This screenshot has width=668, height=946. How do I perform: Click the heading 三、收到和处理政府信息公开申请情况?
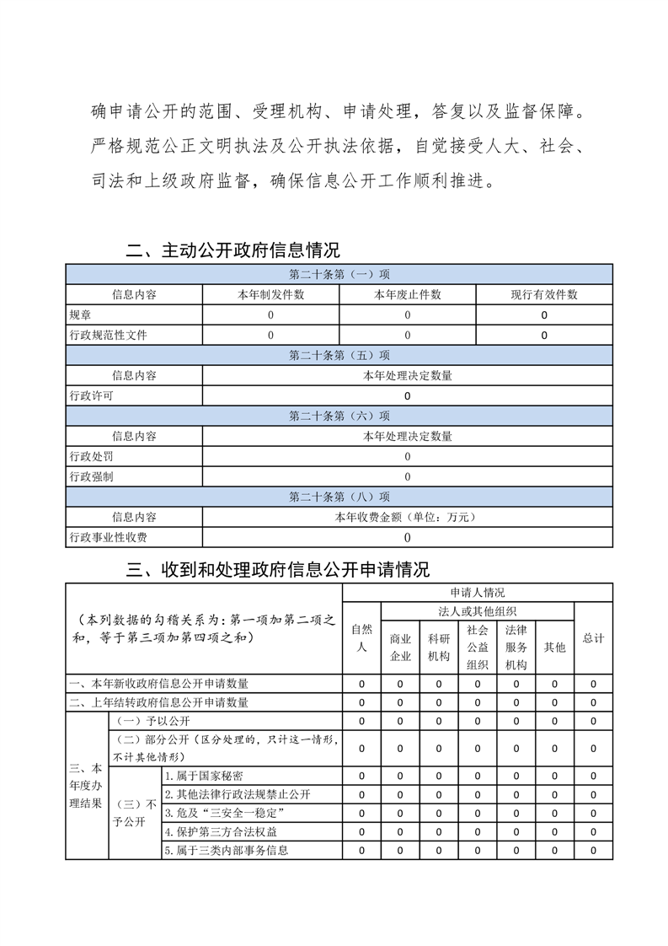pyautogui.click(x=277, y=570)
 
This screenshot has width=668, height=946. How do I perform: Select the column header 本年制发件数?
pyautogui.click(x=270, y=294)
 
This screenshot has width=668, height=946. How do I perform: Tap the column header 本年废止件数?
pyautogui.click(x=407, y=294)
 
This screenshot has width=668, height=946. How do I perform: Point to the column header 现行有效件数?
pyautogui.click(x=543, y=294)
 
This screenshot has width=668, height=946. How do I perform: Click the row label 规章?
pyautogui.click(x=80, y=314)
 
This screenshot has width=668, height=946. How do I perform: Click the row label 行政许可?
pyautogui.click(x=91, y=395)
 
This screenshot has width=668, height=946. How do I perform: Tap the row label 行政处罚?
pyautogui.click(x=91, y=456)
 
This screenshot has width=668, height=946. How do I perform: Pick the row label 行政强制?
pyautogui.click(x=91, y=476)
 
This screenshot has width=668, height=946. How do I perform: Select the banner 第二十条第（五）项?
pyautogui.click(x=339, y=355)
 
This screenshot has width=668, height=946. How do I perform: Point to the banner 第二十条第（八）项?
pyautogui.click(x=339, y=497)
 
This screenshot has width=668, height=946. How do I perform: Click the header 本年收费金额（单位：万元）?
pyautogui.click(x=407, y=517)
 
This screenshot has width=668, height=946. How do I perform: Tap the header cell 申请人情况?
pyautogui.click(x=477, y=593)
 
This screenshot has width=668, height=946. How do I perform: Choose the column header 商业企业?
pyautogui.click(x=400, y=648)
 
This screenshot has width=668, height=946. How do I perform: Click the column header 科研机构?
pyautogui.click(x=439, y=648)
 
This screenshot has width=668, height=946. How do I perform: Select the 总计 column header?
pyautogui.click(x=593, y=638)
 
